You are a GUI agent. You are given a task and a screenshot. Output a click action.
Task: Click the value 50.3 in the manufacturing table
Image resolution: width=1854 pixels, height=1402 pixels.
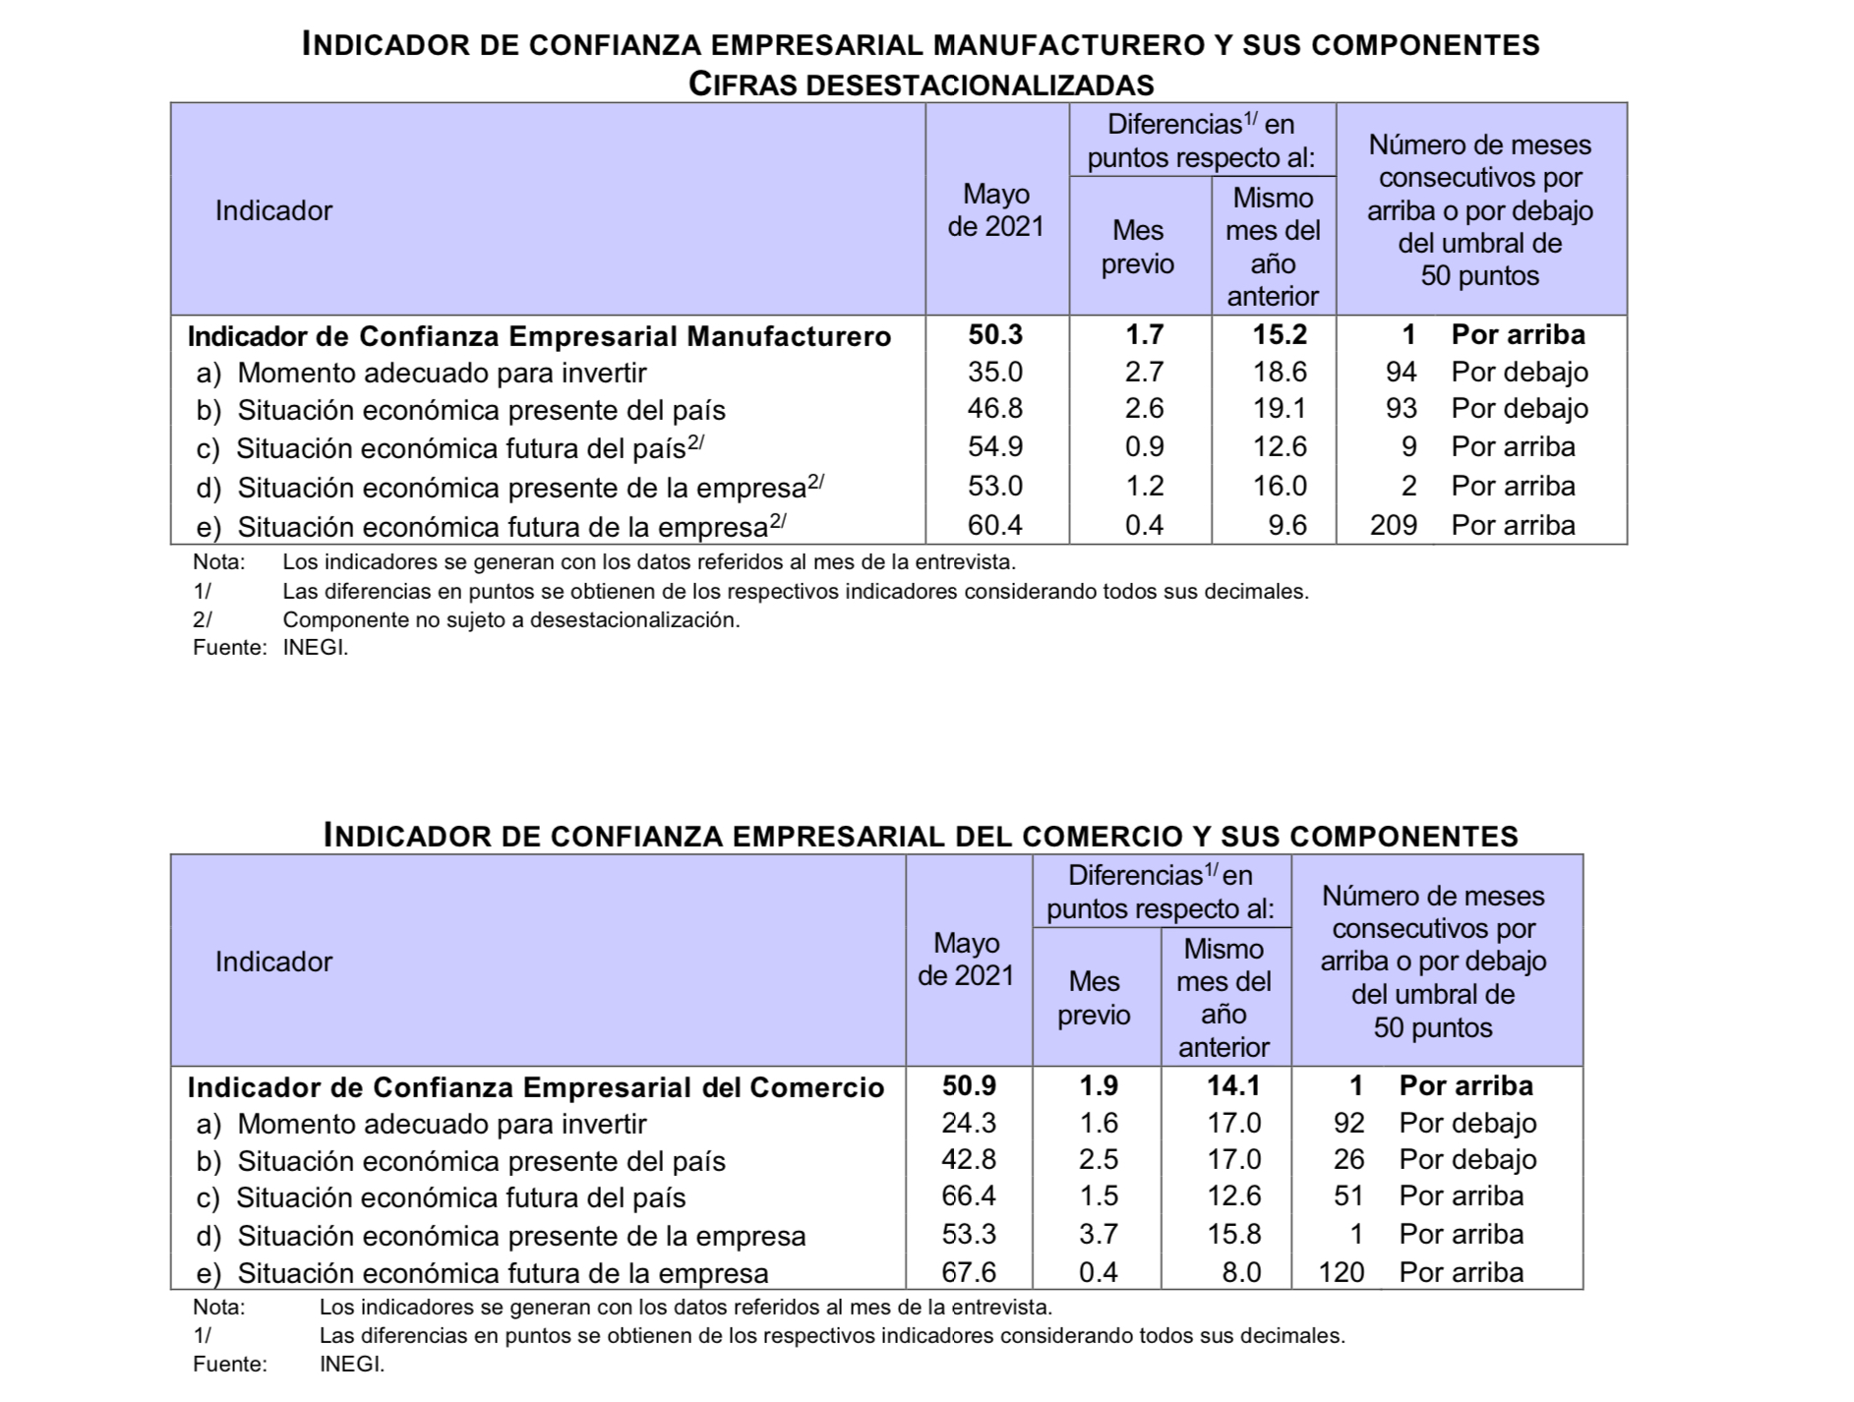point(995,335)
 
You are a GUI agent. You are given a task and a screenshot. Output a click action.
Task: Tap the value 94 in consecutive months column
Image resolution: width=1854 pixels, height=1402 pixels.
point(1401,372)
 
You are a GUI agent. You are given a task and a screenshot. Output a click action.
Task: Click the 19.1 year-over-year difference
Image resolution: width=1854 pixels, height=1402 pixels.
point(1280,408)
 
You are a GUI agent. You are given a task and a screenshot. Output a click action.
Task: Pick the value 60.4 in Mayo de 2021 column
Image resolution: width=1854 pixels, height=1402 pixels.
point(995,525)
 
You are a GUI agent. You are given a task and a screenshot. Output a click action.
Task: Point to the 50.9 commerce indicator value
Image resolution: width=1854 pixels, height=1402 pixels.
point(969,1085)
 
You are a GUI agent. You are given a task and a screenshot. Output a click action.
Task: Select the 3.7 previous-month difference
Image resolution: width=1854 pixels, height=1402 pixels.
point(1098,1234)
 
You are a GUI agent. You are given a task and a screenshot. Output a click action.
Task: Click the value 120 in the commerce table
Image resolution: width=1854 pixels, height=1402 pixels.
point(1341,1272)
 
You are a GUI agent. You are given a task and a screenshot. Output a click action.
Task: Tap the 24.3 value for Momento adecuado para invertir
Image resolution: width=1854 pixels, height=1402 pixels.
point(969,1123)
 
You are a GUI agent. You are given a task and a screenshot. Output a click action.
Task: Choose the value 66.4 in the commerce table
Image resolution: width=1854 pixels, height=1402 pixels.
point(969,1197)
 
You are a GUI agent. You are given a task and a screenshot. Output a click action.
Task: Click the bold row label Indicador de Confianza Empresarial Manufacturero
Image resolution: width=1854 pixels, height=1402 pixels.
point(539,336)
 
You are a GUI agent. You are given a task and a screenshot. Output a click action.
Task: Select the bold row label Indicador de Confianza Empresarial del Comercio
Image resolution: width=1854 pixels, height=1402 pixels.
point(535,1087)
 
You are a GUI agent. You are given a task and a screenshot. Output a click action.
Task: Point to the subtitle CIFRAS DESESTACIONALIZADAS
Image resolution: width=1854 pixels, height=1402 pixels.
point(921,84)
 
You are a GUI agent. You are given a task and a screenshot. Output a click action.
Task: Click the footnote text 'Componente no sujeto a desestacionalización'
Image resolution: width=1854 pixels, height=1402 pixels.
point(510,620)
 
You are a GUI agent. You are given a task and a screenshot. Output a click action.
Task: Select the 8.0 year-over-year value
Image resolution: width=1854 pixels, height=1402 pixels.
point(1241,1272)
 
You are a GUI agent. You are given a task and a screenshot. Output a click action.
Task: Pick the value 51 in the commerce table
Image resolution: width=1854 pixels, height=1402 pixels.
point(1348,1197)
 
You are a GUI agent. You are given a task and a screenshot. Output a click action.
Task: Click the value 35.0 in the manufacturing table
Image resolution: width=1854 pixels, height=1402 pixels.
point(995,372)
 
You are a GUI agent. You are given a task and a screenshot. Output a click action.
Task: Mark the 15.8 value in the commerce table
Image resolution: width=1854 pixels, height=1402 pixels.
point(1233,1234)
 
